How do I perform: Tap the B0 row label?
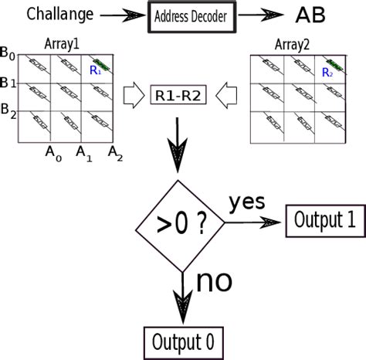[8, 54]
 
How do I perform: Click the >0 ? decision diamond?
[183, 223]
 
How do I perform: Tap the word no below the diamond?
[214, 282]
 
